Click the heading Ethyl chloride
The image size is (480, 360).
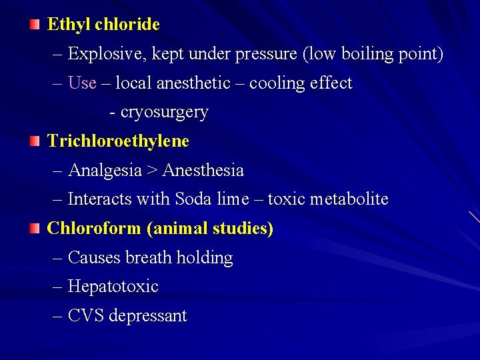(103, 25)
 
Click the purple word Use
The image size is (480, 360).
(82, 83)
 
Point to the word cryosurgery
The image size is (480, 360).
(164, 112)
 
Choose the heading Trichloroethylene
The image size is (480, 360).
(118, 141)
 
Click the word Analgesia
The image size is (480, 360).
(105, 171)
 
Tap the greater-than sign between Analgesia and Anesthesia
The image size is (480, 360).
(152, 171)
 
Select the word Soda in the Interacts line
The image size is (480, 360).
(193, 199)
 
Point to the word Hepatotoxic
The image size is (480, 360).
(113, 287)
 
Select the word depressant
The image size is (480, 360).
(147, 315)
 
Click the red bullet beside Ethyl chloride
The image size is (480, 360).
(35, 25)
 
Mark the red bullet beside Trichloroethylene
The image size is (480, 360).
(35, 141)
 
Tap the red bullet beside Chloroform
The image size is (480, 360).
(35, 229)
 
